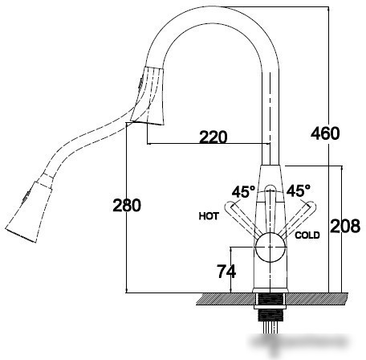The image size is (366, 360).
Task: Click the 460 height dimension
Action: (x=325, y=133)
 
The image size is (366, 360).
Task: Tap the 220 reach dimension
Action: (x=213, y=137)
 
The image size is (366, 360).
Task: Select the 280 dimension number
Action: (x=127, y=206)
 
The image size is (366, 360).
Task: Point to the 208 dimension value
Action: (x=345, y=226)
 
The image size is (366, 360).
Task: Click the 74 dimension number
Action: (x=226, y=272)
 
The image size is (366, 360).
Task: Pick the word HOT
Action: (x=209, y=216)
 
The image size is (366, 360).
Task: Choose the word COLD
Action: (x=307, y=235)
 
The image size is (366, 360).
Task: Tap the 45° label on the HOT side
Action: (x=243, y=191)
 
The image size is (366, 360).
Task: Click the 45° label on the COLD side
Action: (x=299, y=190)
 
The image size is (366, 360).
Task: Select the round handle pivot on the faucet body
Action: (x=270, y=247)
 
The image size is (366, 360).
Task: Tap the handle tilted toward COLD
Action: (x=298, y=219)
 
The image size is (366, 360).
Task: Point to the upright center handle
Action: (x=270, y=209)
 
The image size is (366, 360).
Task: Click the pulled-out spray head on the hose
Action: (x=29, y=211)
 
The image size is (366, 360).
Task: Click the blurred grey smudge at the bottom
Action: (x=301, y=345)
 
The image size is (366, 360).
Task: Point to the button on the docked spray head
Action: (x=140, y=83)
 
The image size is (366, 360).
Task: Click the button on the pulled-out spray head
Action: (x=26, y=197)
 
